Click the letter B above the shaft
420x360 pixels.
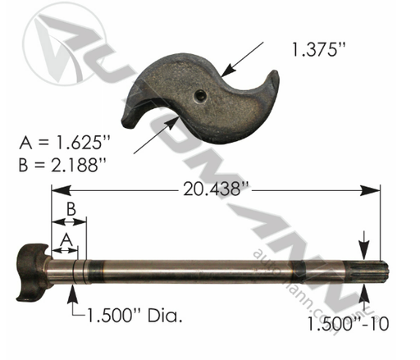(x=72, y=210)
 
